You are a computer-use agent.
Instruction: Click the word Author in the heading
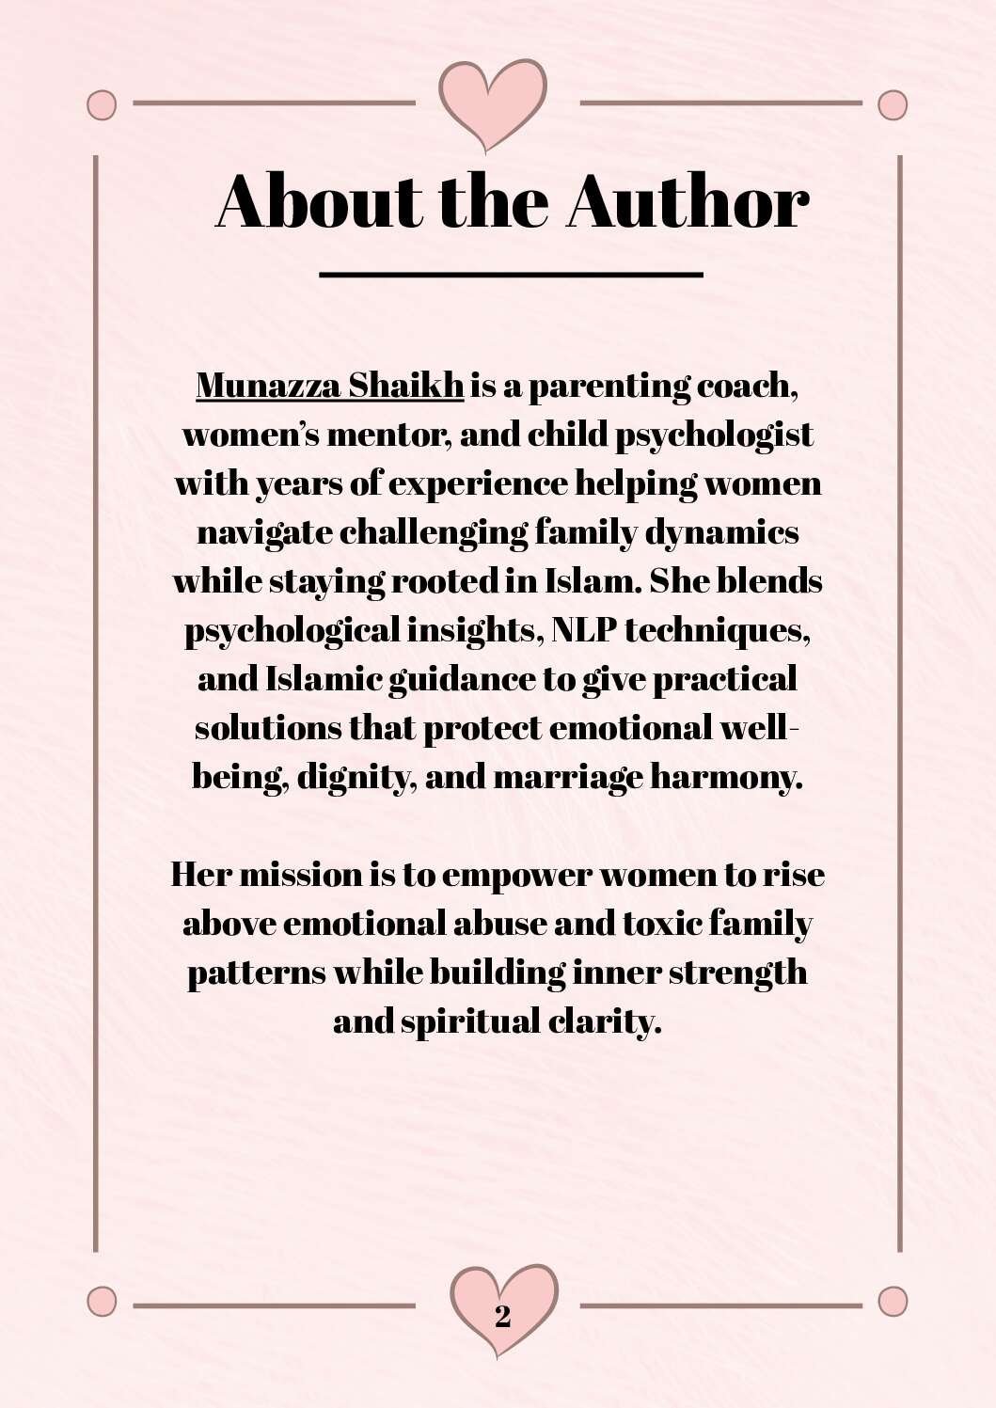(x=688, y=201)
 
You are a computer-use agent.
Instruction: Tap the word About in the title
(x=319, y=201)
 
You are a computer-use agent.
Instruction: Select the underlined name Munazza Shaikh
(x=329, y=386)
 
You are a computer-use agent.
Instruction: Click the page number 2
(x=503, y=1316)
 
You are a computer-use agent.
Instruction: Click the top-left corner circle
(x=102, y=104)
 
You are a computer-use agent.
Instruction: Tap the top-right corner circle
(x=893, y=104)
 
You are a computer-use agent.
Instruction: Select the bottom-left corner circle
(x=102, y=1302)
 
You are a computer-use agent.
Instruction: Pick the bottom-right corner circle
(x=893, y=1302)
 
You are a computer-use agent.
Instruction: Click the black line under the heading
(x=511, y=275)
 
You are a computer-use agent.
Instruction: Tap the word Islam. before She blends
(x=593, y=580)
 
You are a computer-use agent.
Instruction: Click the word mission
(x=301, y=875)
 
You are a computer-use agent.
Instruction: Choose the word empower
(x=516, y=876)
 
